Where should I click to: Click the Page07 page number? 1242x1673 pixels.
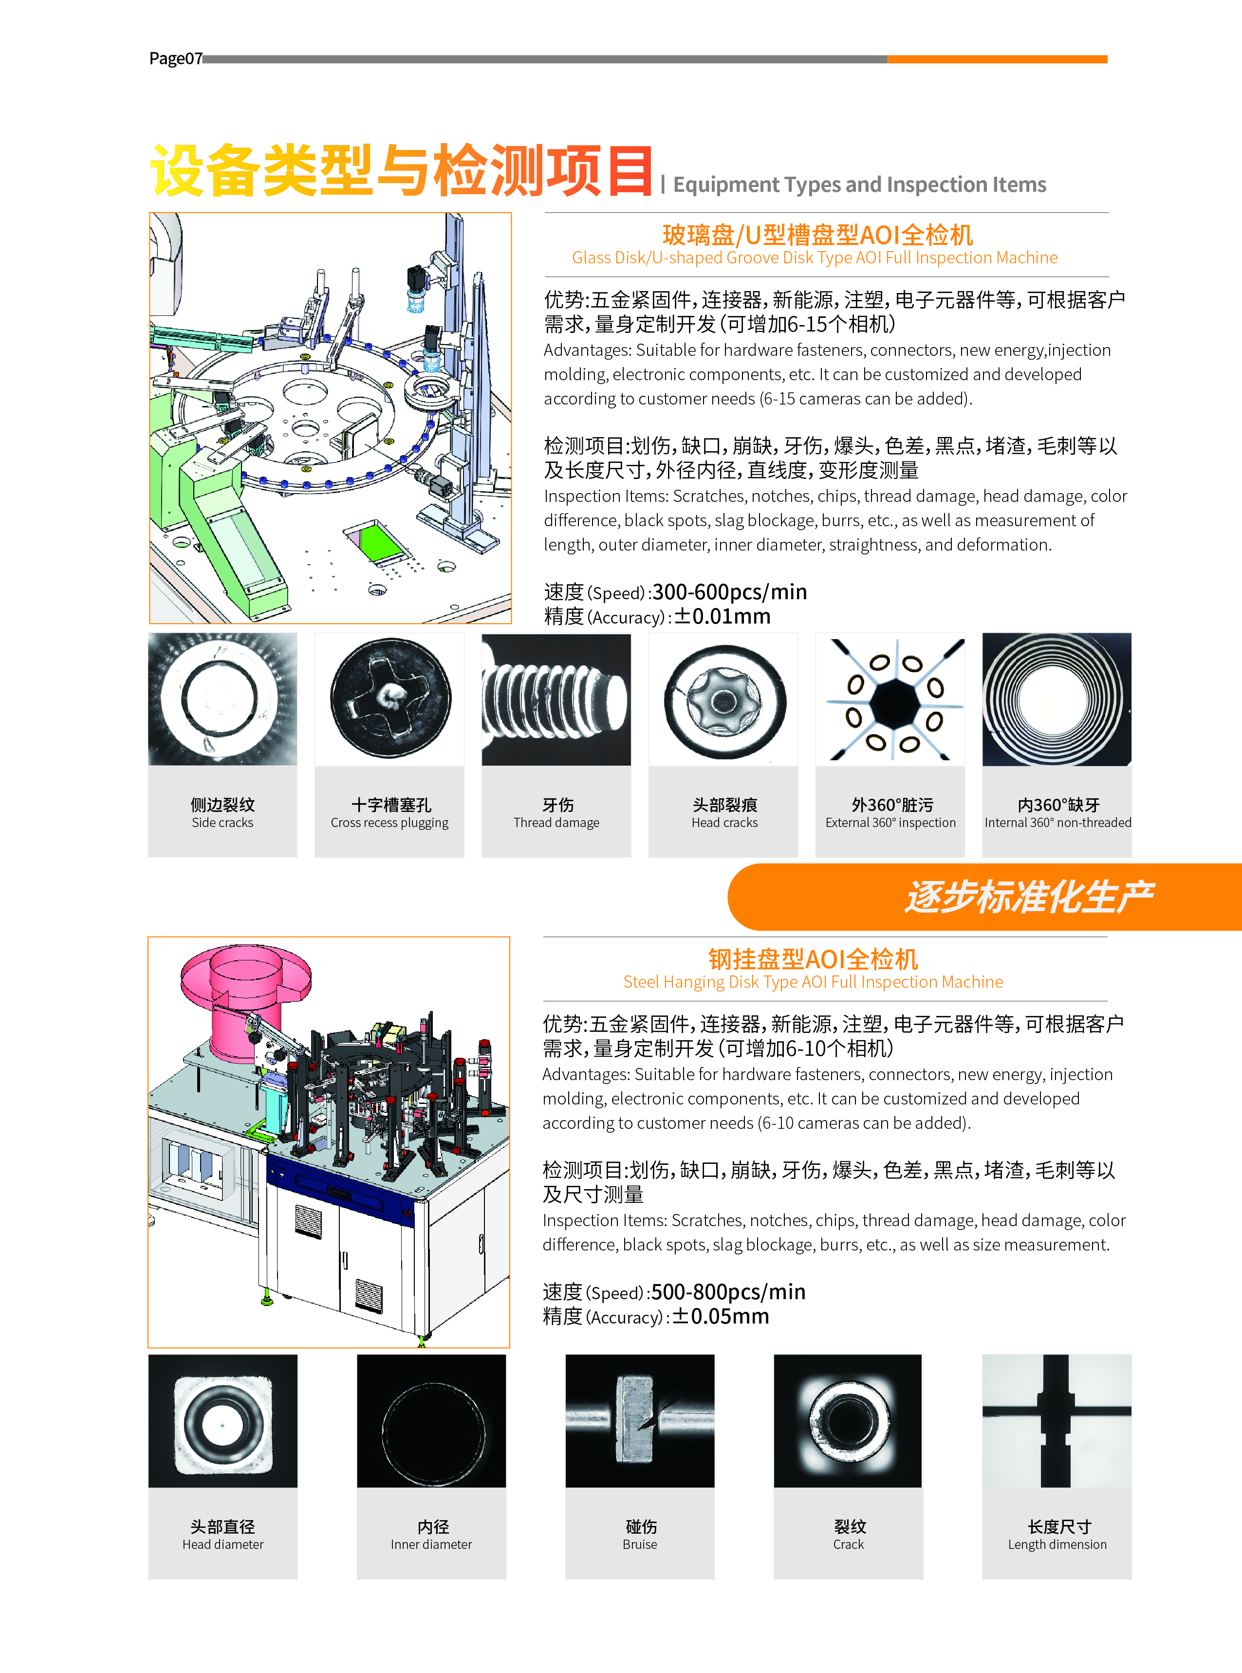(176, 58)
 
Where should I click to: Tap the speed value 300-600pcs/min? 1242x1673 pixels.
(729, 592)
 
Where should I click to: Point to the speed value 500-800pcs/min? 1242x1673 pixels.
(728, 1292)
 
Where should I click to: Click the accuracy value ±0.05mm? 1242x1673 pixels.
(720, 1316)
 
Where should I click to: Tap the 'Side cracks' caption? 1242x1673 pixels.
(222, 822)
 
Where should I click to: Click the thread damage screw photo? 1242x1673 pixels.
(556, 699)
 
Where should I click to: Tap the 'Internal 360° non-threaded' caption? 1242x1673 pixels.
(1058, 822)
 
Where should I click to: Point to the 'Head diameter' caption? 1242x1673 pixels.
(222, 1544)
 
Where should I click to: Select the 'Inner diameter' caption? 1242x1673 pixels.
(431, 1544)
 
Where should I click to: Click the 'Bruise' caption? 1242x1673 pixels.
(640, 1544)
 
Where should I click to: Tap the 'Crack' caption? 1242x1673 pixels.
(848, 1544)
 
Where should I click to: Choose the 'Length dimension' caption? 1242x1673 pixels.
(1057, 1544)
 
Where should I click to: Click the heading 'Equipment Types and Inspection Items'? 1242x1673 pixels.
(859, 185)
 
